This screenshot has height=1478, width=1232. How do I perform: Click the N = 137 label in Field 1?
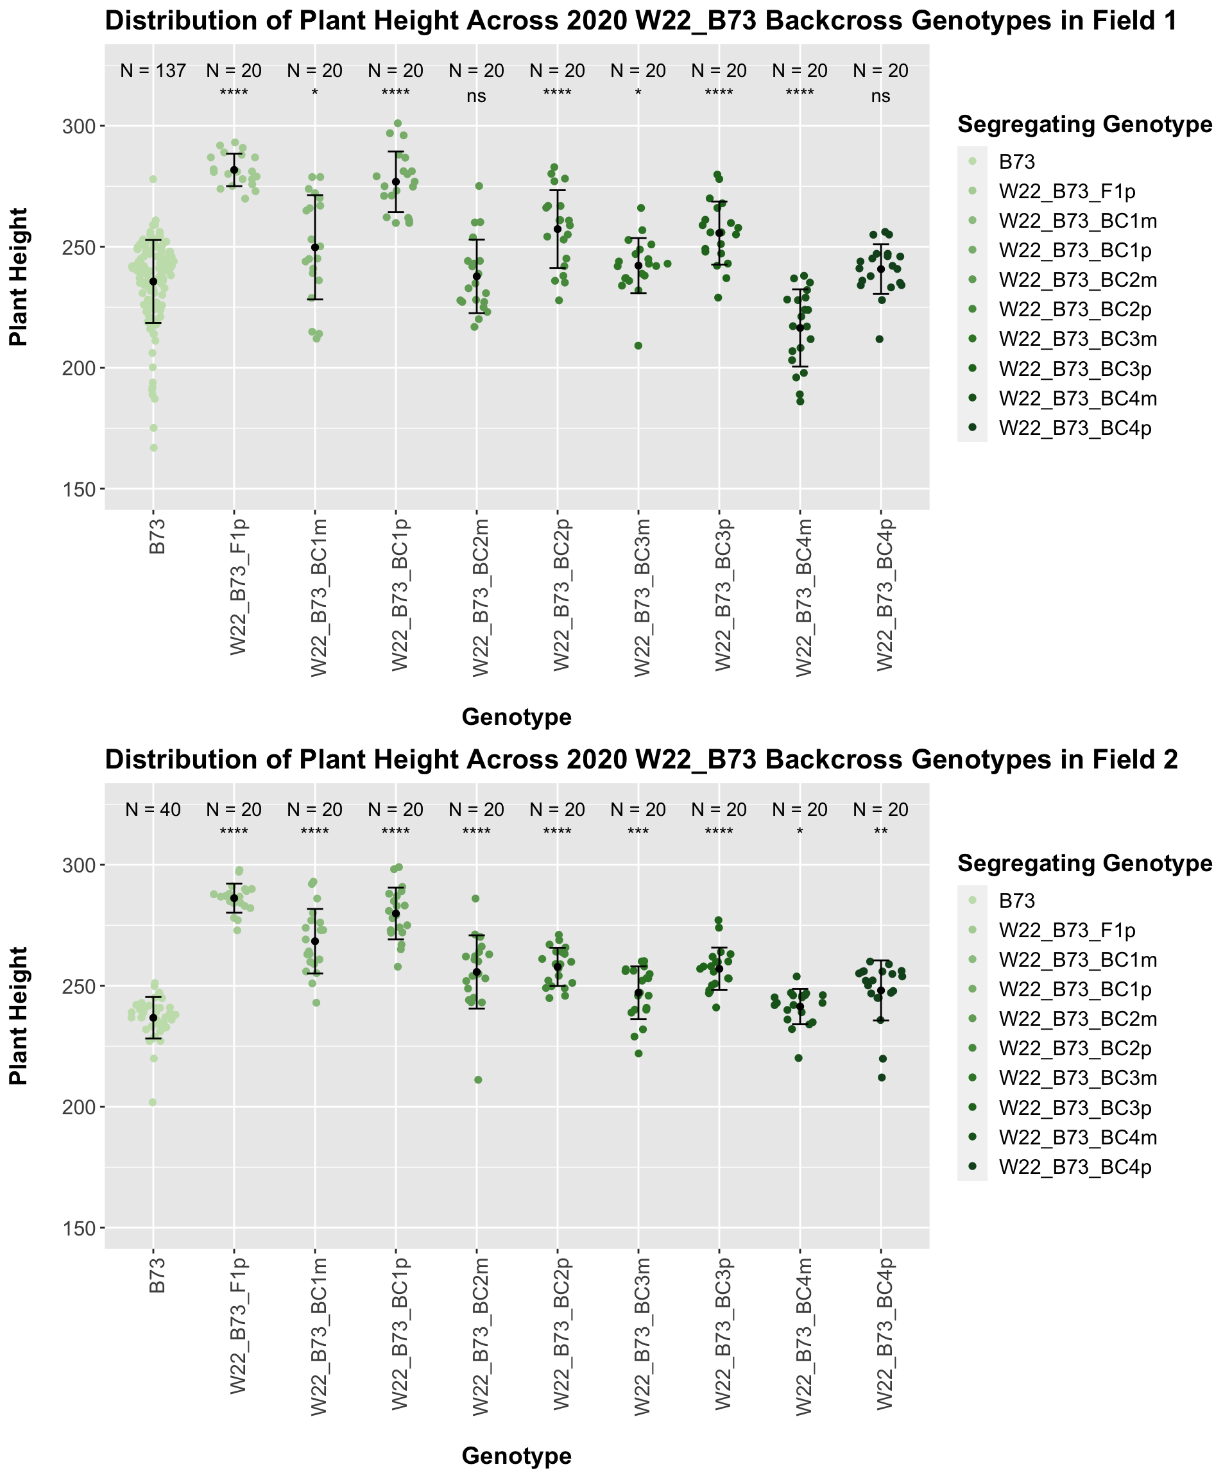pyautogui.click(x=153, y=71)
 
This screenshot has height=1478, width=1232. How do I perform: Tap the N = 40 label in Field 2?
pyautogui.click(x=153, y=810)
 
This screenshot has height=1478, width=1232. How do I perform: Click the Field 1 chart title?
pyautogui.click(x=640, y=21)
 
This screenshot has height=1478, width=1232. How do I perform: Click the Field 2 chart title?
pyautogui.click(x=640, y=760)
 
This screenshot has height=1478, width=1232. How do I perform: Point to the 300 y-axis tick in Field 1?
pyautogui.click(x=82, y=126)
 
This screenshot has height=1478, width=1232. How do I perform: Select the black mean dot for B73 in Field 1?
pyautogui.click(x=153, y=282)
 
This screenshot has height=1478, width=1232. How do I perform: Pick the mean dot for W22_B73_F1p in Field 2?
pyautogui.click(x=234, y=898)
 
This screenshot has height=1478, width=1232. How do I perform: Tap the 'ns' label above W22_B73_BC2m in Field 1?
pyautogui.click(x=477, y=96)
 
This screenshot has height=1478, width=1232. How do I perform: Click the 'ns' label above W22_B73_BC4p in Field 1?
pyautogui.click(x=881, y=96)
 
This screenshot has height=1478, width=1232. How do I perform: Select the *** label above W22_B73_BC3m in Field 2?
pyautogui.click(x=638, y=833)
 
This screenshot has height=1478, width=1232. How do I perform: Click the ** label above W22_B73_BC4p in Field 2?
pyautogui.click(x=881, y=833)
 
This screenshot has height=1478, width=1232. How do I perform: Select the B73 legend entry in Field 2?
pyautogui.click(x=1016, y=900)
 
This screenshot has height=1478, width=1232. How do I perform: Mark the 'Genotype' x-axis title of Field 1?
pyautogui.click(x=516, y=717)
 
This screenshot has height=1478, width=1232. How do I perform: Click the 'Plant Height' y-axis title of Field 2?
pyautogui.click(x=19, y=1015)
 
